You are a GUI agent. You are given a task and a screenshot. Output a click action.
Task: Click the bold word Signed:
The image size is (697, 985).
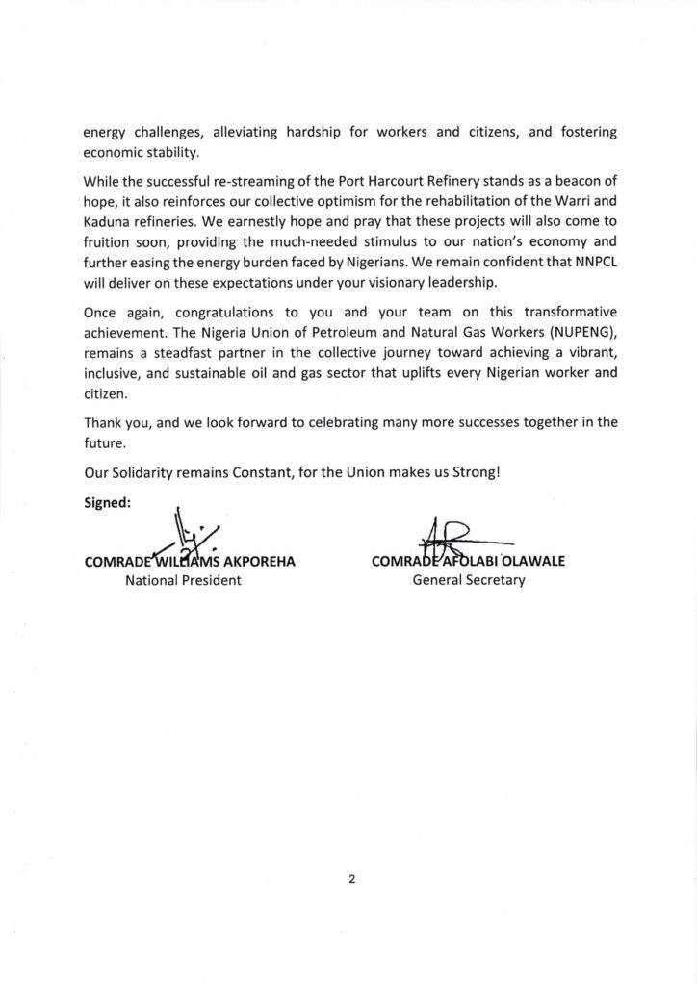coord(109,501)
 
